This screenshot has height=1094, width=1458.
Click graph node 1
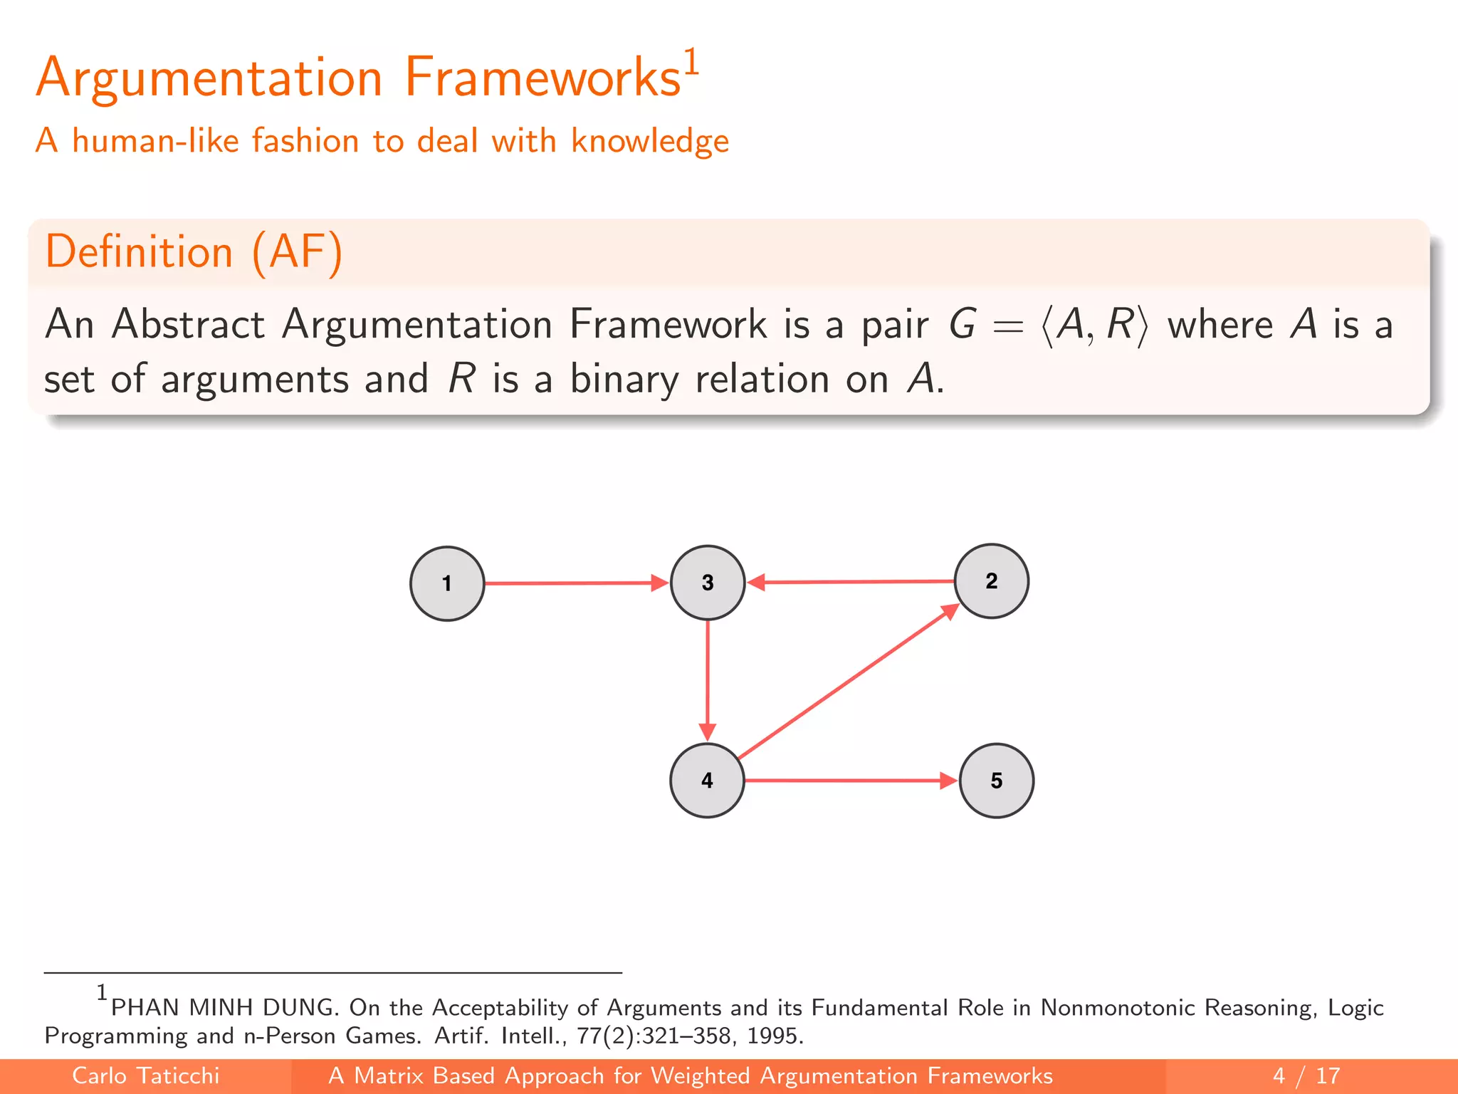click(447, 583)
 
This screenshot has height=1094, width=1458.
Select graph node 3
click(708, 583)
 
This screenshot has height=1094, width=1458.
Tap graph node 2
click(991, 581)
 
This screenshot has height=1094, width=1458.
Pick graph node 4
click(707, 781)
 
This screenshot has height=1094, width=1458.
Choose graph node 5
click(997, 781)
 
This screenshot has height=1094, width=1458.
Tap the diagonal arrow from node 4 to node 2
click(847, 682)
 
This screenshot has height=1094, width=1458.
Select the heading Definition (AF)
click(194, 251)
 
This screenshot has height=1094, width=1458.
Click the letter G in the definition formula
click(962, 325)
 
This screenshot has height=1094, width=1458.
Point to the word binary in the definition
click(624, 379)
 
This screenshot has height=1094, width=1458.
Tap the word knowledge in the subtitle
click(649, 141)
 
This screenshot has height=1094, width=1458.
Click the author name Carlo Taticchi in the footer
click(146, 1075)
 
